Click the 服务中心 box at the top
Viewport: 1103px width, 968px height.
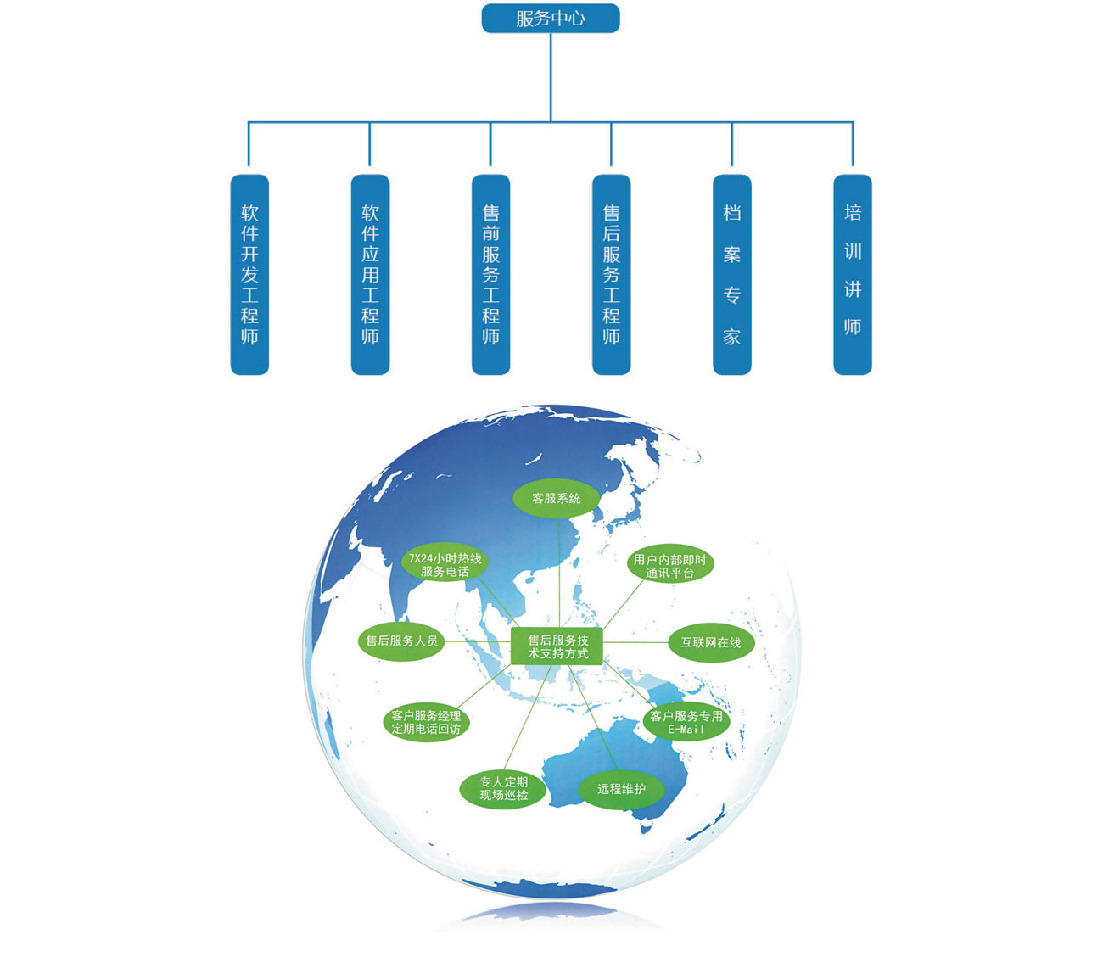tap(551, 19)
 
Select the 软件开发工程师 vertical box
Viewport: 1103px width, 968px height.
tap(249, 274)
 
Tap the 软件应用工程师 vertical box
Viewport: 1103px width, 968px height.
tap(370, 274)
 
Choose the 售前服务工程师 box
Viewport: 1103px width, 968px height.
tap(490, 274)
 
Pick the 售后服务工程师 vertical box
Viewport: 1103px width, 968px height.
tap(611, 274)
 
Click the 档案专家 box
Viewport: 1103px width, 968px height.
tap(731, 274)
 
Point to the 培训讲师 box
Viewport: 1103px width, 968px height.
tap(852, 274)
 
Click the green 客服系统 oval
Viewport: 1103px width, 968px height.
tap(556, 499)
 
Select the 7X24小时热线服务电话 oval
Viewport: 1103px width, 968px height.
tap(445, 565)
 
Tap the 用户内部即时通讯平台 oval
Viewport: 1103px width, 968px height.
tap(669, 566)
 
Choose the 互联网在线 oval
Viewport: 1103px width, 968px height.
tap(711, 643)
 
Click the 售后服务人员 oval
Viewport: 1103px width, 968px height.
tap(401, 641)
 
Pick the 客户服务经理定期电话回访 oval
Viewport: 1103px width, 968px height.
tap(426, 722)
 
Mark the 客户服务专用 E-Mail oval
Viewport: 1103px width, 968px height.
tap(686, 722)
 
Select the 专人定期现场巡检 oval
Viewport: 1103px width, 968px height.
tap(503, 788)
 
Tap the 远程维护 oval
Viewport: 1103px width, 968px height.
tap(621, 789)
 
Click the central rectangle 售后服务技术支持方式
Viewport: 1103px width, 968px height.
tap(557, 647)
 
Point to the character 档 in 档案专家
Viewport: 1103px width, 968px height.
tap(731, 213)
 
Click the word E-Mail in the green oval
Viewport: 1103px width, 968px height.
tap(686, 730)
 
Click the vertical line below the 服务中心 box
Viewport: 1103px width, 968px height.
tap(551, 76)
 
